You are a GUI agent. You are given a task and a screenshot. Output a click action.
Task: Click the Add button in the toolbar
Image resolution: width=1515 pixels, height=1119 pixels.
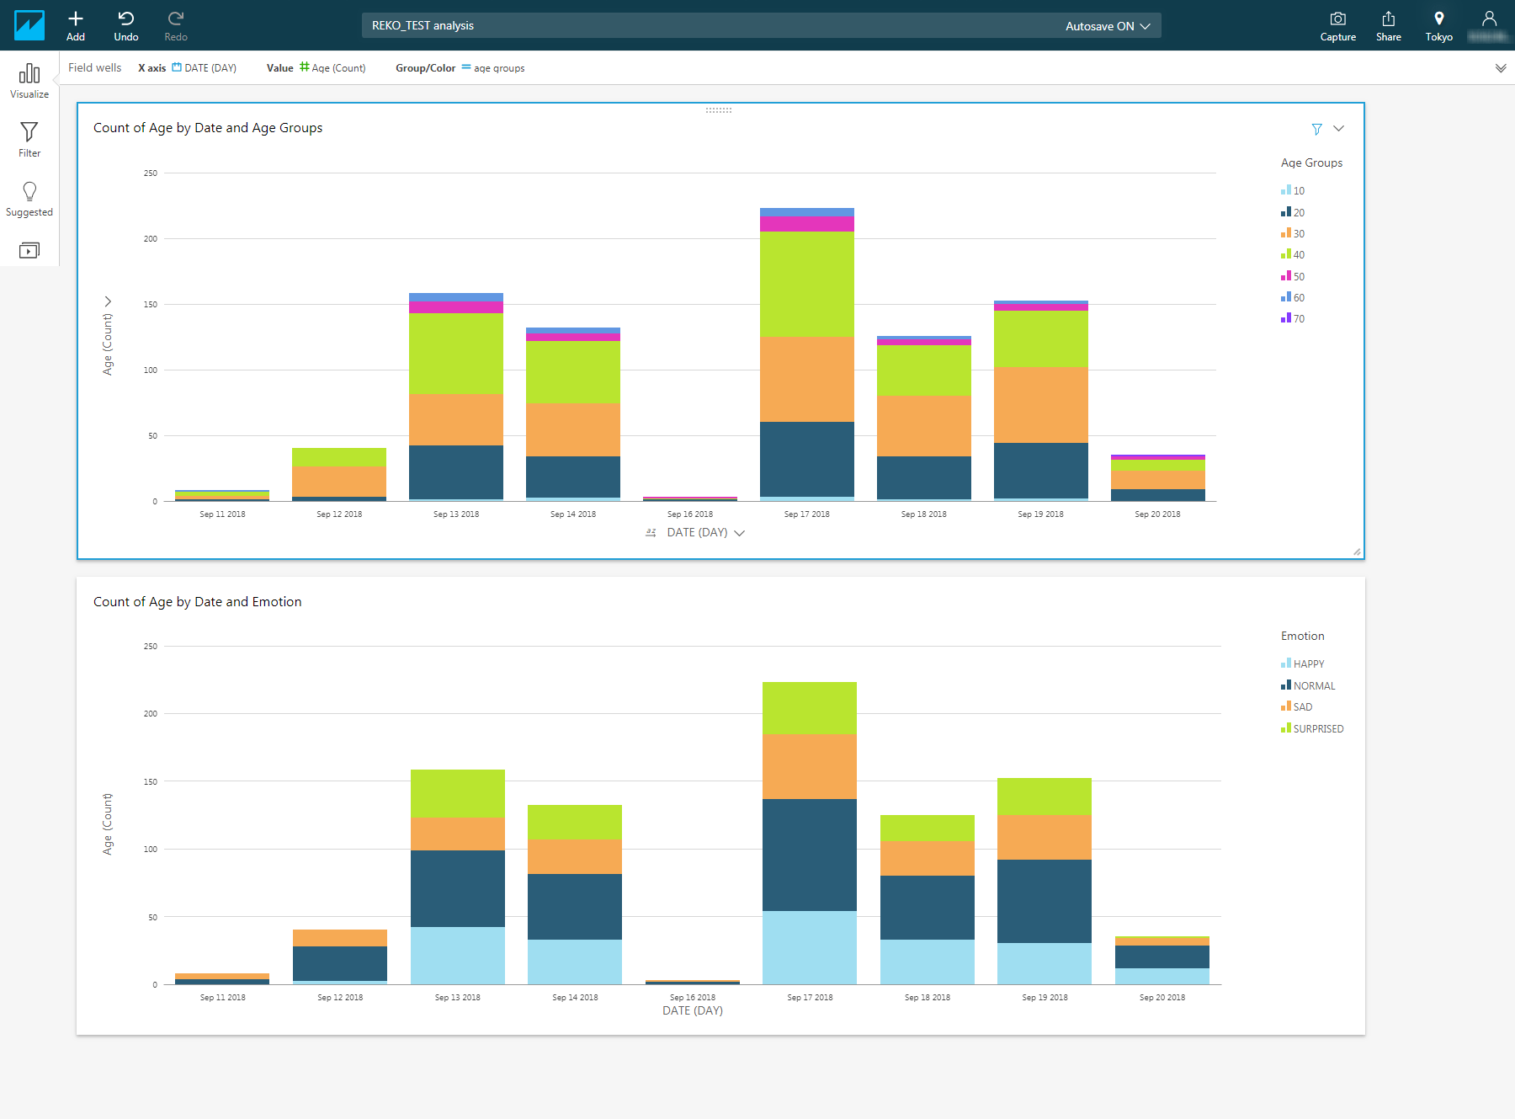(x=76, y=25)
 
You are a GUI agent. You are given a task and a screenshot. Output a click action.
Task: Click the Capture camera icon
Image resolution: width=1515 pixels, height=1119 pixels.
(x=1337, y=19)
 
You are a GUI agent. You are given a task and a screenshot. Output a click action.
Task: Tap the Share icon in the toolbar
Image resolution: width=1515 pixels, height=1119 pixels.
(x=1388, y=19)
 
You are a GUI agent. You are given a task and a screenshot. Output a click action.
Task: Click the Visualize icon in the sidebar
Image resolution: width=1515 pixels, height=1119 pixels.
(x=29, y=80)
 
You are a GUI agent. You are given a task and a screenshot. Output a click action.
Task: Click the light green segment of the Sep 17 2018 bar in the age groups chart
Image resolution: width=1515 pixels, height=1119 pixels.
(x=806, y=284)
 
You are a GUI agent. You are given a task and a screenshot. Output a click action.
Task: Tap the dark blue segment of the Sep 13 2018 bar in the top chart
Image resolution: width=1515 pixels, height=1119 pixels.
(x=455, y=472)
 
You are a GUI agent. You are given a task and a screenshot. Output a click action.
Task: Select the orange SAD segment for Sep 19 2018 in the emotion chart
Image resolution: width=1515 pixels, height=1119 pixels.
(x=1044, y=836)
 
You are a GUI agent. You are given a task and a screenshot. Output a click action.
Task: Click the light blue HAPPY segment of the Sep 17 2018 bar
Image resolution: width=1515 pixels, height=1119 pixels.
(x=809, y=947)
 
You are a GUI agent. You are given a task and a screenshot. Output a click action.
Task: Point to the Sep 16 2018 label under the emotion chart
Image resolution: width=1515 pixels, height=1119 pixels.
(x=692, y=997)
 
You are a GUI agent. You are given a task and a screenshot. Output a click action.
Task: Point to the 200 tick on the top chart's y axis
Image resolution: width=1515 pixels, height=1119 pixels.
(x=151, y=238)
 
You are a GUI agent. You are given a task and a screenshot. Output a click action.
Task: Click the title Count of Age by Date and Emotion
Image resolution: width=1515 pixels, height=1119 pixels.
(x=197, y=601)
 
